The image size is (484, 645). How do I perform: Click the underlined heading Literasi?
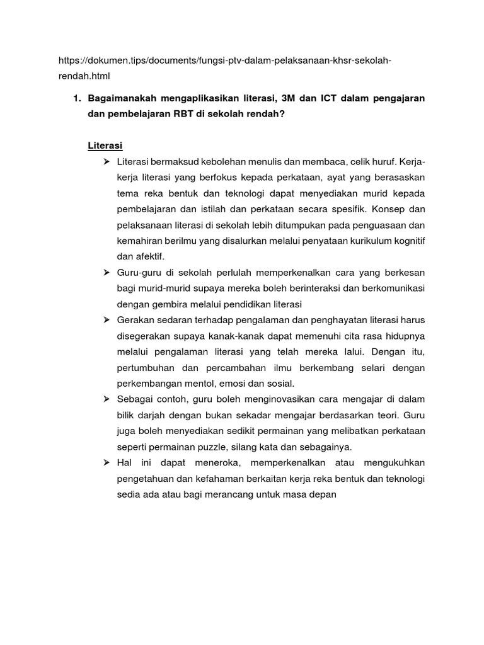pos(104,147)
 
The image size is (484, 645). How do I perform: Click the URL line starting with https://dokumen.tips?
pos(225,60)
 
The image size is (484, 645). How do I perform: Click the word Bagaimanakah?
pos(125,98)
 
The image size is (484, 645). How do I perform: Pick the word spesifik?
pos(347,208)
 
